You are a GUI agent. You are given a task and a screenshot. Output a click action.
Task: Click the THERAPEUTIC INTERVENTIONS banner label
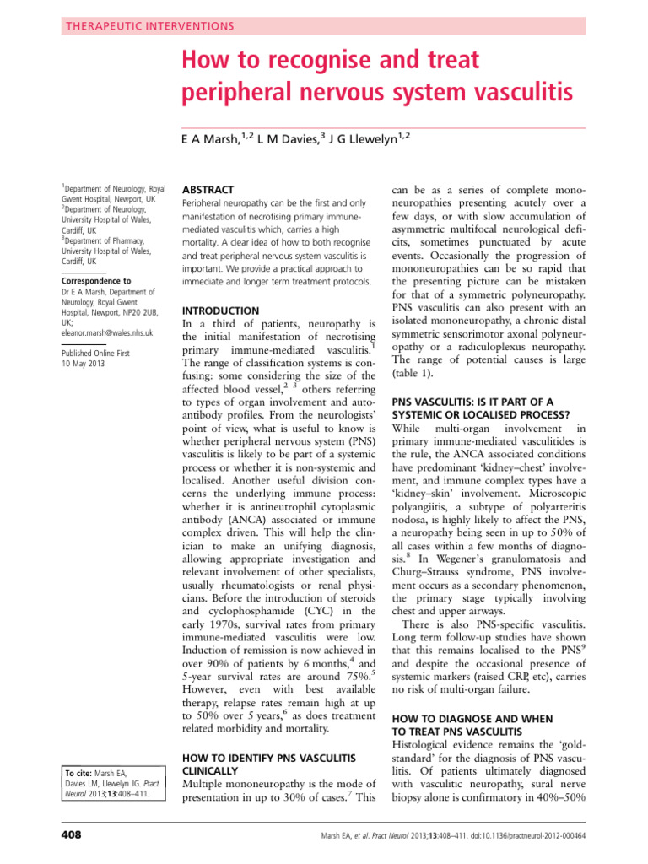pyautogui.click(x=148, y=26)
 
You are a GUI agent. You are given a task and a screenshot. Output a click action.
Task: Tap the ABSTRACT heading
pyautogui.click(x=208, y=190)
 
